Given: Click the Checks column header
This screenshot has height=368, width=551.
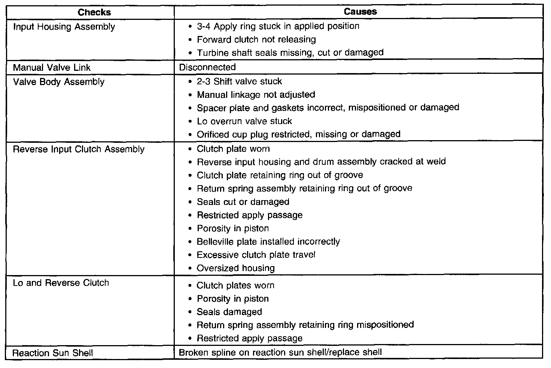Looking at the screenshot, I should (x=94, y=12).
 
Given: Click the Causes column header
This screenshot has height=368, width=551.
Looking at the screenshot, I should (x=360, y=12).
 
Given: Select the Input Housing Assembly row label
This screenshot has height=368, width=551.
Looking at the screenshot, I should (x=64, y=27).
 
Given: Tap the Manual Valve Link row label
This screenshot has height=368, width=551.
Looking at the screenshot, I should (x=52, y=68).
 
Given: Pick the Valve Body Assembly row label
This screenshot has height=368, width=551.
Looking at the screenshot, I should (x=59, y=82).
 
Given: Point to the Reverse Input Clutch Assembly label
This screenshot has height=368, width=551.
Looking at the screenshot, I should (x=79, y=150).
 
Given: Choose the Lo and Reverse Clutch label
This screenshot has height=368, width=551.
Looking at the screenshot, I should (x=61, y=283).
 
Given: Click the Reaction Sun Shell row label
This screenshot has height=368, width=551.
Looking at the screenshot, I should (x=53, y=353).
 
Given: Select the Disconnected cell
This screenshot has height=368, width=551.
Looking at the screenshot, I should (x=207, y=67).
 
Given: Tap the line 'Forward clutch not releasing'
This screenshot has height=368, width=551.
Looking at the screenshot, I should (x=256, y=40).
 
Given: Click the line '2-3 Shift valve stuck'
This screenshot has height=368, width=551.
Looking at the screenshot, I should (x=240, y=82).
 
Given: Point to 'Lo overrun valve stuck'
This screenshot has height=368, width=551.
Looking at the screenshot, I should (x=244, y=121).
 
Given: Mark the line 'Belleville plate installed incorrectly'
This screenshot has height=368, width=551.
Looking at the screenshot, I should (x=268, y=242).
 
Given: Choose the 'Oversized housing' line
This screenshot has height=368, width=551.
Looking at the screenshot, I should (x=236, y=268).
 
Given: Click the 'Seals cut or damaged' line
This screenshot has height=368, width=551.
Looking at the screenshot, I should (x=243, y=202).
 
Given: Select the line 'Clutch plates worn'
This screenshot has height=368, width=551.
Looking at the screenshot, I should (x=235, y=286).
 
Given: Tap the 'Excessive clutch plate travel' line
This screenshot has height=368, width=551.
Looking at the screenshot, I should (x=256, y=255).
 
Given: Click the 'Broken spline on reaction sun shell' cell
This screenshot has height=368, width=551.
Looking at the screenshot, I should (x=280, y=353).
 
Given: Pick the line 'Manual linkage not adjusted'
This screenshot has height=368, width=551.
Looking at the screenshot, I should (x=256, y=95).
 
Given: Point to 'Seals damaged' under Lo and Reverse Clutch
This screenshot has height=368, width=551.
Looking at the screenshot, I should (x=229, y=312).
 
